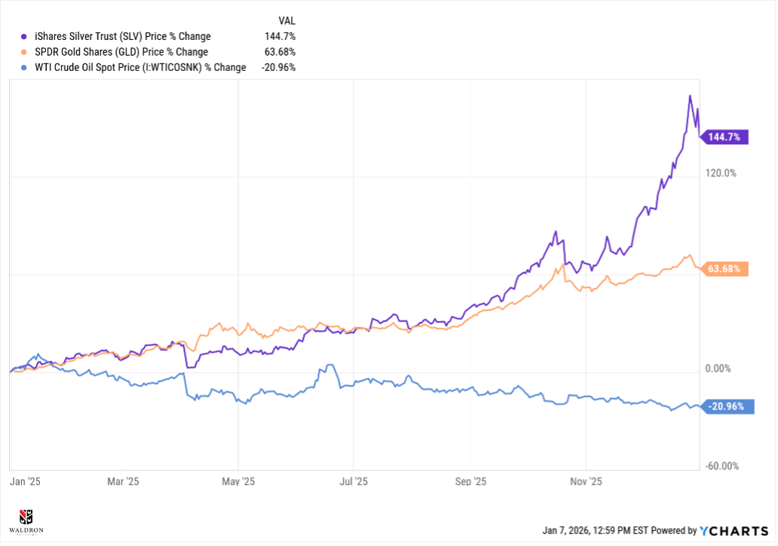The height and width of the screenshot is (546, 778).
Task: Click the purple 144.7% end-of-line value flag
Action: coord(725,137)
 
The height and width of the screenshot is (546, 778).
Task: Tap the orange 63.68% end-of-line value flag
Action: coord(725,268)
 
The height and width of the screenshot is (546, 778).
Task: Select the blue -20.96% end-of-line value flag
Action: coord(725,406)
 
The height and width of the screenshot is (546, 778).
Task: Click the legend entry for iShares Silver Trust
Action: coord(123,36)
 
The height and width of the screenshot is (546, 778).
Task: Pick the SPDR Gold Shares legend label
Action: coord(121,52)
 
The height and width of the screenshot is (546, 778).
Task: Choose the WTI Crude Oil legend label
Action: coord(140,67)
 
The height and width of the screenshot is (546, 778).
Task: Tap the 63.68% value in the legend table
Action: coord(280,52)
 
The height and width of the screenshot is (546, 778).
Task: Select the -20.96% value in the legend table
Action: coord(277,67)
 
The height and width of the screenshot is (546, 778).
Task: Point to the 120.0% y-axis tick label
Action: coord(721,173)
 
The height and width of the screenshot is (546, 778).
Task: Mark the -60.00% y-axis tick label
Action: coord(721,467)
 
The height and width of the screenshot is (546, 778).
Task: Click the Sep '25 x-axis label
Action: coord(470,481)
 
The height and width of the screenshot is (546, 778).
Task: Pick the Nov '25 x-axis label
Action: coord(586,481)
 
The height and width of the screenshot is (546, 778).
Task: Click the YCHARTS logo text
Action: coord(734,531)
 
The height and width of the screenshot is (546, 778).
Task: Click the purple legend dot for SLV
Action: coord(25,36)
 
